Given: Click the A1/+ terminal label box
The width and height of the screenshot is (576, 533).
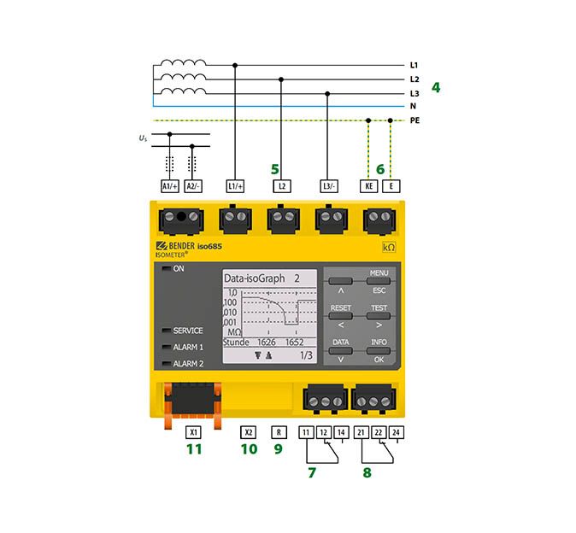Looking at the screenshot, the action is click(x=170, y=186).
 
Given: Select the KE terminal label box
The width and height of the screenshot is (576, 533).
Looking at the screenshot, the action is click(x=369, y=186).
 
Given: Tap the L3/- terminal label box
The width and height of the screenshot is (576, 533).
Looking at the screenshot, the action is click(x=329, y=186).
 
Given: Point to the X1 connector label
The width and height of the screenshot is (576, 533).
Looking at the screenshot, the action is click(x=194, y=432).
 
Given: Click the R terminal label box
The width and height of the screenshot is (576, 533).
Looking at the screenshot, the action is click(x=279, y=432).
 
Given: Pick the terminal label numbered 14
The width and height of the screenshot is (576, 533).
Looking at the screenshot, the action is click(x=341, y=432).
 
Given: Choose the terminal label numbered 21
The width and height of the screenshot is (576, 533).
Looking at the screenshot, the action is click(x=361, y=432).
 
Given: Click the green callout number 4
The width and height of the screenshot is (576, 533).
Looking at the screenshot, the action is click(x=436, y=87).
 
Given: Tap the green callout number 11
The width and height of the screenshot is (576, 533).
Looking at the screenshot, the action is click(x=194, y=449).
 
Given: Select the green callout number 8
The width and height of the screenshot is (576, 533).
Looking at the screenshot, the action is click(x=367, y=473).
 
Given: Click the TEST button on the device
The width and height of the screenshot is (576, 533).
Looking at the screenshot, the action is click(x=379, y=316).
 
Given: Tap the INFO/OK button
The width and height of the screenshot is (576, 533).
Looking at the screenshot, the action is click(x=379, y=350).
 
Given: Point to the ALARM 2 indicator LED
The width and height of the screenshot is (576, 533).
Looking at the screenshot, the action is click(x=167, y=363).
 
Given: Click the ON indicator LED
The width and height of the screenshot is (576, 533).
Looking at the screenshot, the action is click(x=167, y=268).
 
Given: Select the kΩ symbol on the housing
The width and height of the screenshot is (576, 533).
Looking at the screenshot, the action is click(x=389, y=247).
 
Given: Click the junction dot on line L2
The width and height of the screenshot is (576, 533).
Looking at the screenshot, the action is click(x=281, y=79).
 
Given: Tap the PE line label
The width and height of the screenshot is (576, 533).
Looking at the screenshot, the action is click(x=414, y=120).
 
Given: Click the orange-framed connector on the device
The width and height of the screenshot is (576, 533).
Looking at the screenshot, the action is click(x=192, y=405).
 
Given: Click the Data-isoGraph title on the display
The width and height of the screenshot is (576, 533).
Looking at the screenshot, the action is click(x=254, y=278).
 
